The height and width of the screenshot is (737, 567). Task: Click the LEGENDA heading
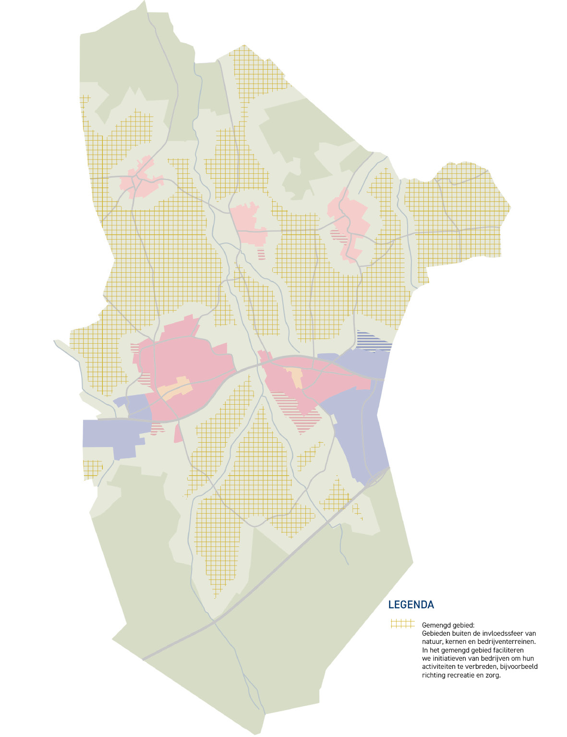click(411, 605)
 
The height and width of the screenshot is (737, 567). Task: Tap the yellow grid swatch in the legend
click(402, 624)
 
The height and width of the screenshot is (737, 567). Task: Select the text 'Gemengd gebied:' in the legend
click(448, 626)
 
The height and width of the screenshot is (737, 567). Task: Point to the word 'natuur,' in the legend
click(432, 641)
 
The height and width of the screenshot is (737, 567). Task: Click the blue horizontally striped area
click(374, 341)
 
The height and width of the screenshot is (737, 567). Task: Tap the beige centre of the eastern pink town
click(295, 375)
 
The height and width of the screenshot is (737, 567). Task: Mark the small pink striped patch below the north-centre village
click(261, 254)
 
